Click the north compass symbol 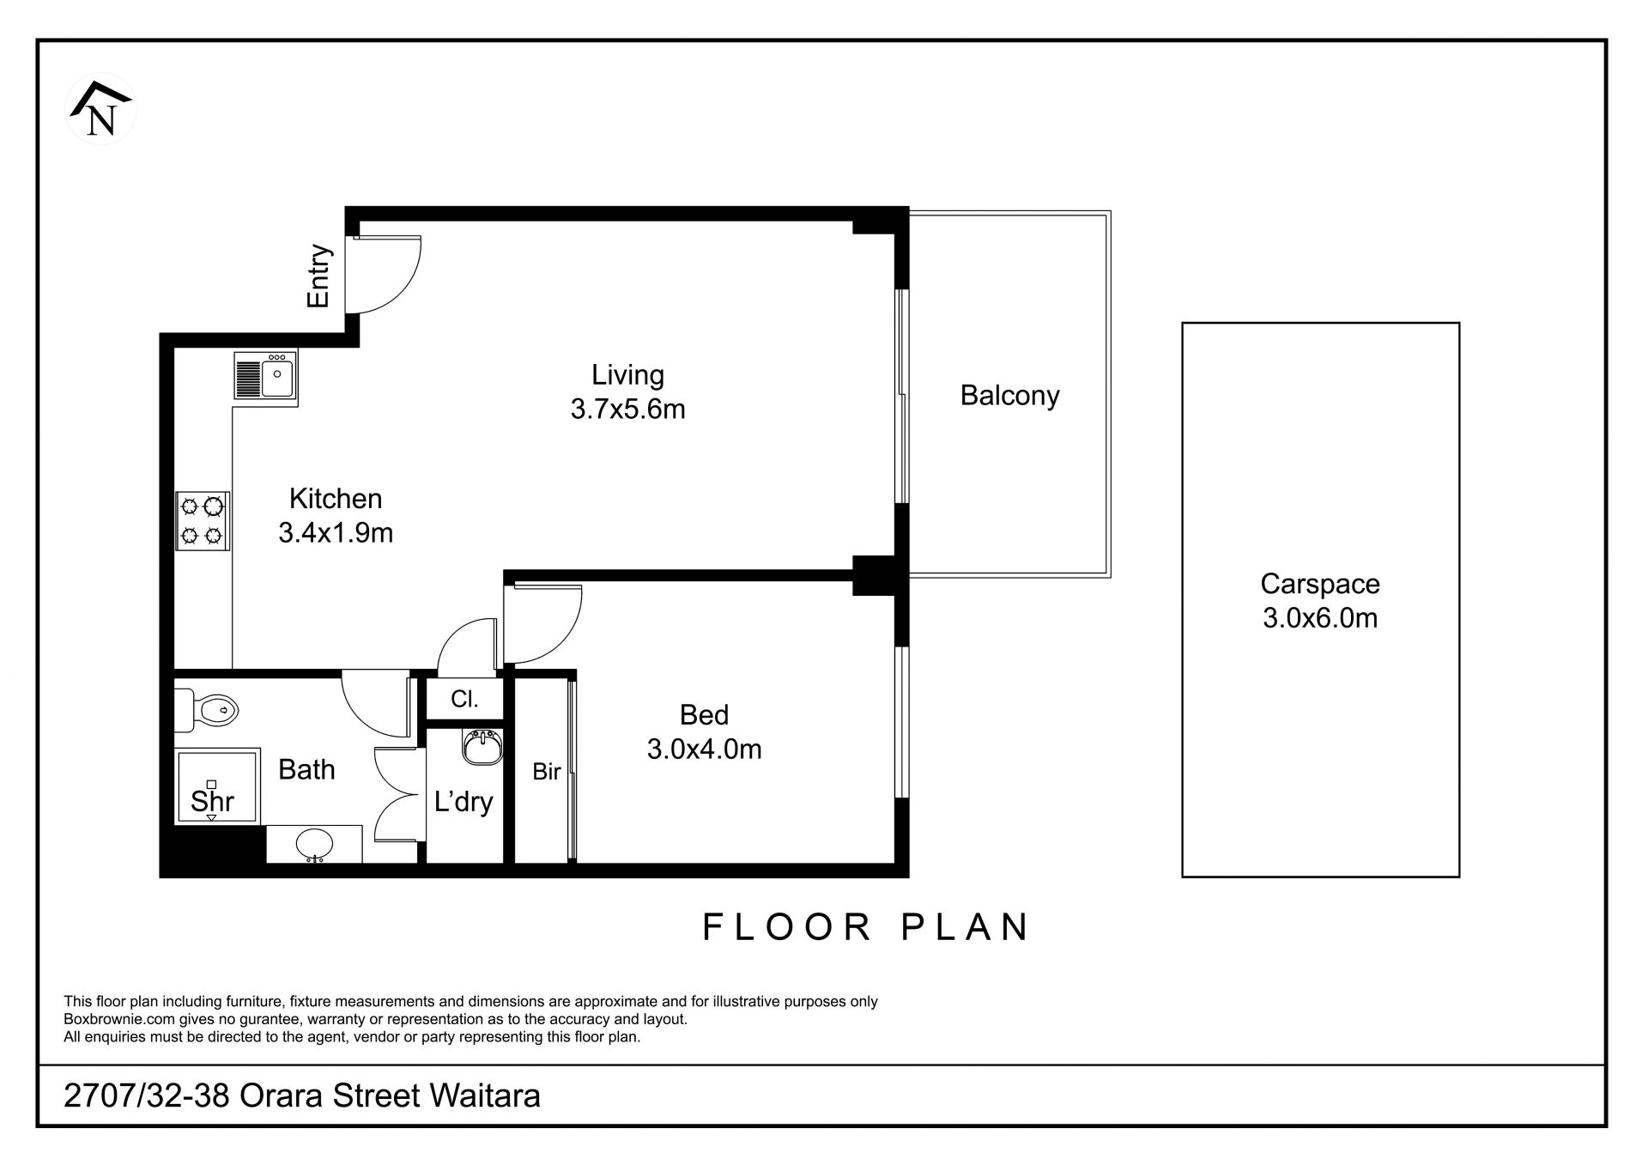[101, 109]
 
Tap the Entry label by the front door [319, 276]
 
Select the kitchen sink [266, 377]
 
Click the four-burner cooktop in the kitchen [203, 520]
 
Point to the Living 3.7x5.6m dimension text [628, 392]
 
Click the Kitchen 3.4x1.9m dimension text [336, 515]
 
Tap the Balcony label [1009, 396]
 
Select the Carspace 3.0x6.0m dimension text [1320, 601]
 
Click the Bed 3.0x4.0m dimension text [704, 732]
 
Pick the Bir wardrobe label [546, 772]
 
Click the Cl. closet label [464, 699]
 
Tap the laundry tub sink [482, 746]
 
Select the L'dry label [463, 802]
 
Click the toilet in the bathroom [206, 710]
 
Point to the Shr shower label [212, 801]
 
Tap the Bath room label [306, 769]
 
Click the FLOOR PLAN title [866, 927]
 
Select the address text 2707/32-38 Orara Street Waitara [302, 1096]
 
